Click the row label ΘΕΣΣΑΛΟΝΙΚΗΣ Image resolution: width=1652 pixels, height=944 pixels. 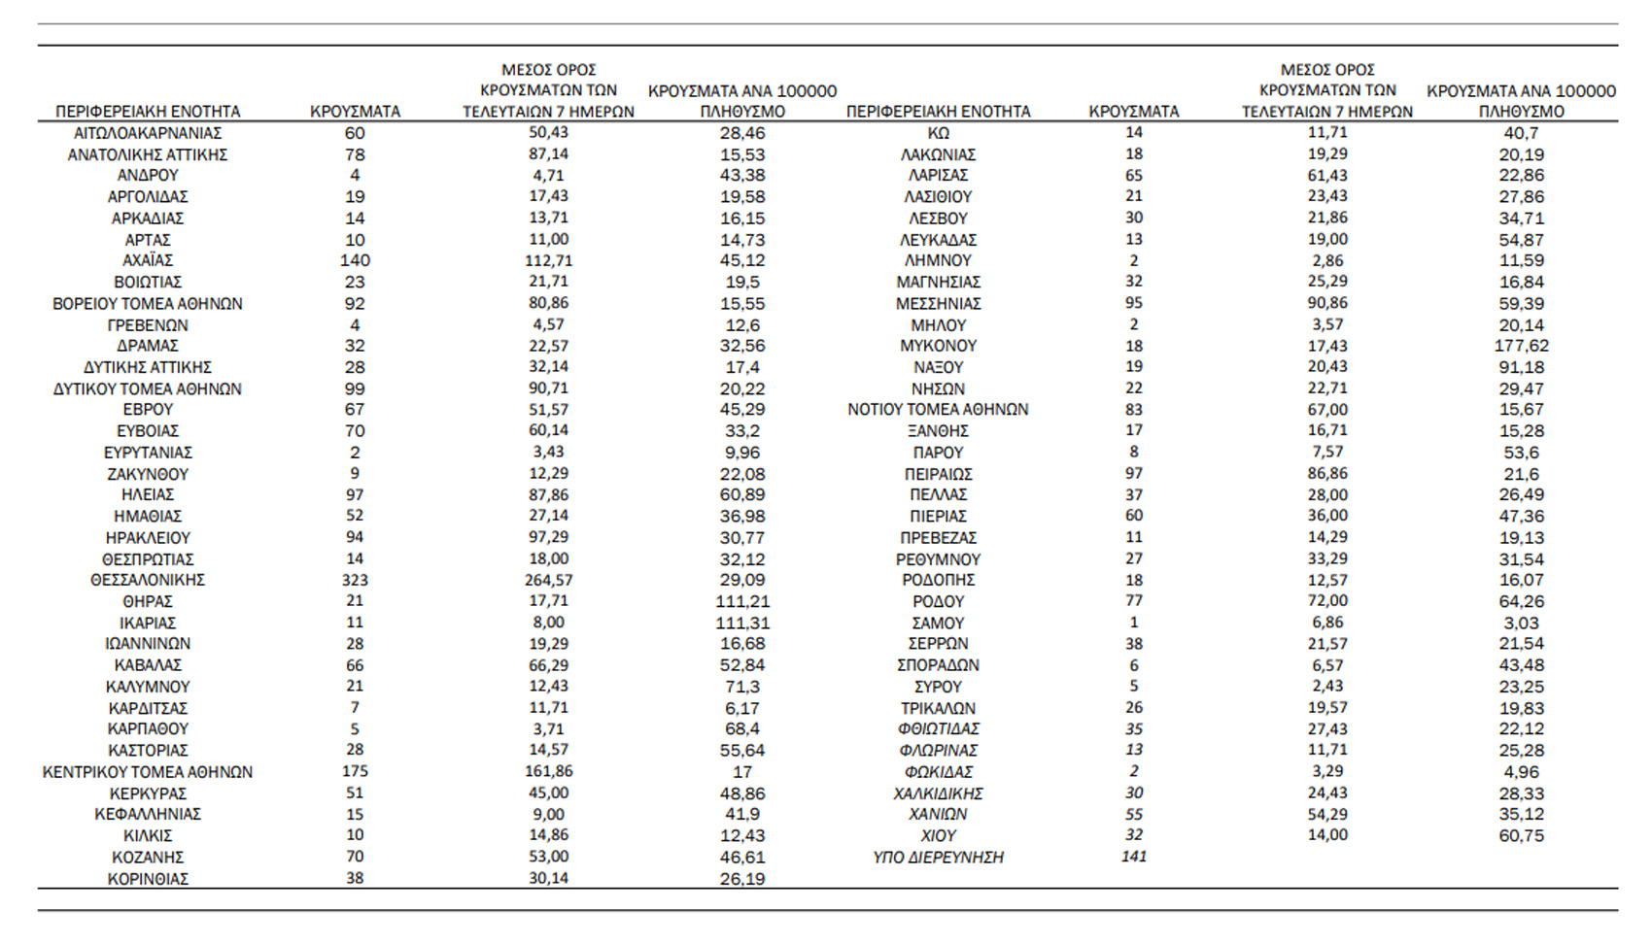pyautogui.click(x=148, y=580)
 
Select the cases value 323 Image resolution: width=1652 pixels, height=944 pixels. pyautogui.click(x=355, y=580)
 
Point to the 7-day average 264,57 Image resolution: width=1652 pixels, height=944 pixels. pyautogui.click(x=548, y=580)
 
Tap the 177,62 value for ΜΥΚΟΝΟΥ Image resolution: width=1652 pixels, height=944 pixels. pyautogui.click(x=1521, y=346)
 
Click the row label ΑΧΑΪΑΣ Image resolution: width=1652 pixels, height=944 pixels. pyautogui.click(x=148, y=260)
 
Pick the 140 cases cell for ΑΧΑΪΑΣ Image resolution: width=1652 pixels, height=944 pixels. pyautogui.click(x=355, y=260)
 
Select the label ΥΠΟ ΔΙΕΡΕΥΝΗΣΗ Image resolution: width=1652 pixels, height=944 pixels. pyautogui.click(x=938, y=858)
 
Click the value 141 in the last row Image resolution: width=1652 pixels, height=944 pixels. pyautogui.click(x=1133, y=857)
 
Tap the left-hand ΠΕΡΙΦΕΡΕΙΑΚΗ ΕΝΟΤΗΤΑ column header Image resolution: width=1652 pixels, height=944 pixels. pyautogui.click(x=148, y=112)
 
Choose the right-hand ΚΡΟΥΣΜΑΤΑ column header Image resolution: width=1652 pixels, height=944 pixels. pyautogui.click(x=1133, y=112)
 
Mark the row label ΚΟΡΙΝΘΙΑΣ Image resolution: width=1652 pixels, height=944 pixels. pyautogui.click(x=148, y=879)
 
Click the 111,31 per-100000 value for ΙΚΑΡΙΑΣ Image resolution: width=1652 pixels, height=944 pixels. pyautogui.click(x=742, y=623)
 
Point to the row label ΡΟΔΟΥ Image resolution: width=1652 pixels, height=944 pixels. pyautogui.click(x=938, y=601)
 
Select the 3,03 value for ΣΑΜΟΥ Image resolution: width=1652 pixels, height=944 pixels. pyautogui.click(x=1521, y=623)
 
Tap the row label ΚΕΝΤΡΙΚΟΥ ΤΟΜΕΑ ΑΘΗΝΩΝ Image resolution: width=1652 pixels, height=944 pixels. pyautogui.click(x=148, y=772)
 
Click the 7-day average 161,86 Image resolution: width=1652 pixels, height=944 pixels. pyautogui.click(x=548, y=771)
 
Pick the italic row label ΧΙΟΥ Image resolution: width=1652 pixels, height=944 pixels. pyautogui.click(x=938, y=836)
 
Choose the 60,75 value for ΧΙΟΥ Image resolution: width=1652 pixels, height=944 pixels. pyautogui.click(x=1521, y=836)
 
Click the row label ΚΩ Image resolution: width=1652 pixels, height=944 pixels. pyautogui.click(x=938, y=133)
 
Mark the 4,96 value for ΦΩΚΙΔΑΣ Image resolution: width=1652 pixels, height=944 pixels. pyautogui.click(x=1521, y=772)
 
